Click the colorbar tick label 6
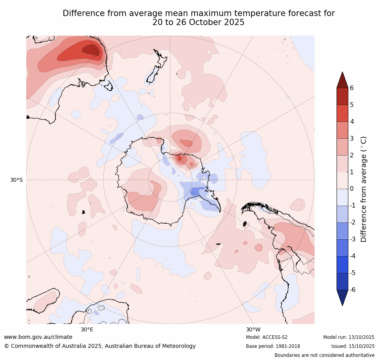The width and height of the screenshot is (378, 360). click(x=352, y=88)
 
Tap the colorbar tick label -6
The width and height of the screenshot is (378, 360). click(x=353, y=290)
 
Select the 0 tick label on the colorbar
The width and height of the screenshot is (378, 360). click(x=352, y=189)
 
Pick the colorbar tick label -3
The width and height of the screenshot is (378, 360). click(x=353, y=239)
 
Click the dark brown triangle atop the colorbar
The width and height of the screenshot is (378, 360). click(x=342, y=80)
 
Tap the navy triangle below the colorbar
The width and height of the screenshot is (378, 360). click(x=342, y=297)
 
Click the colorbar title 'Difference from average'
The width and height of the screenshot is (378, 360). click(x=364, y=189)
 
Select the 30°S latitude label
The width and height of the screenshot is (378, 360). click(x=16, y=180)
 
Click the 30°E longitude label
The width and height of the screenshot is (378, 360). click(x=87, y=329)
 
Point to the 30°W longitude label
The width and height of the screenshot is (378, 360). click(x=253, y=329)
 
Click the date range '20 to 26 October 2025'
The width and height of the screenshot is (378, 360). click(x=199, y=22)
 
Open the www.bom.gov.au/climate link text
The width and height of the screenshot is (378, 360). click(x=38, y=337)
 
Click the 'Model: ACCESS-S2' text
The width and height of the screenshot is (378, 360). click(x=267, y=337)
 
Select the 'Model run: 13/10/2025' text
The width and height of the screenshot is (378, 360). click(x=349, y=337)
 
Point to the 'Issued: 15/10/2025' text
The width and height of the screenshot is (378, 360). click(x=353, y=346)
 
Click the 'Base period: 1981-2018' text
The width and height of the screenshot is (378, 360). click(x=273, y=346)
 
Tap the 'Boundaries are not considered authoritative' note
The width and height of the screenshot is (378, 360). click(x=324, y=355)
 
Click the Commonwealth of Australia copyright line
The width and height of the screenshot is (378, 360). click(x=100, y=346)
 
